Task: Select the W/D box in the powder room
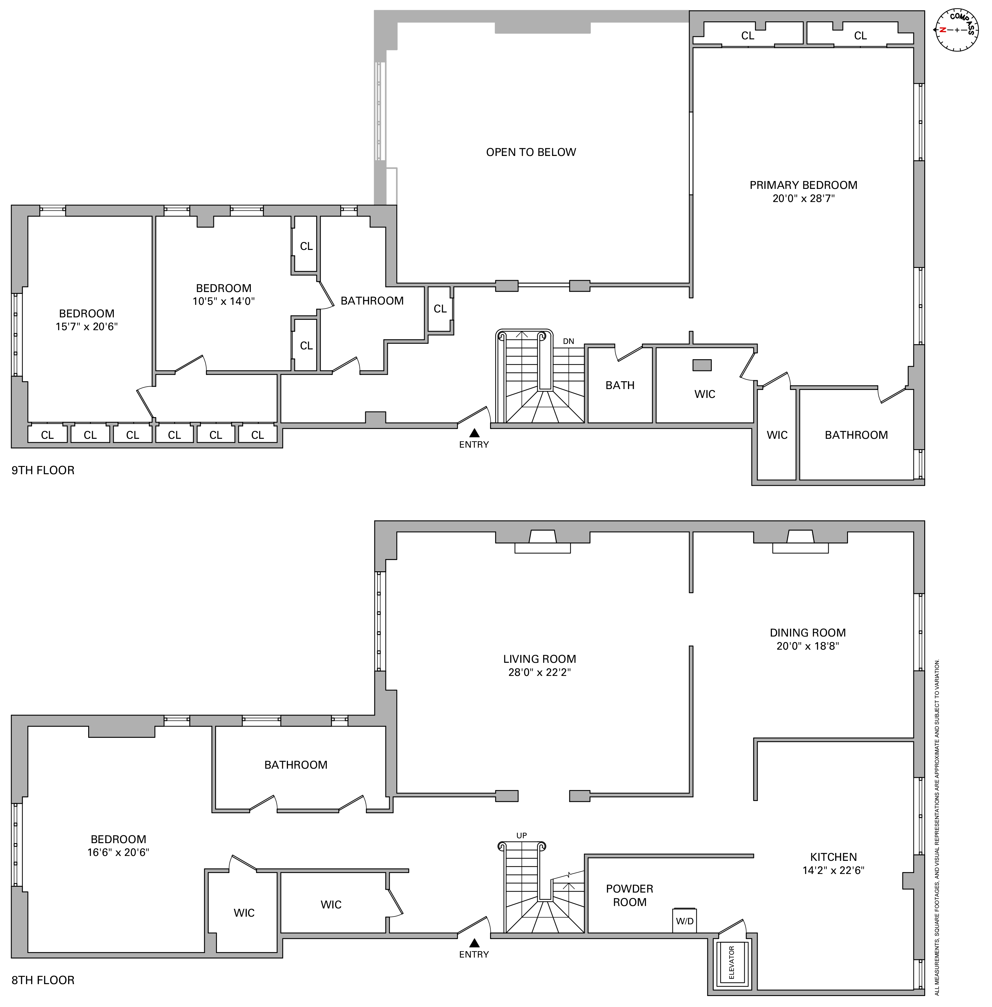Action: pyautogui.click(x=685, y=921)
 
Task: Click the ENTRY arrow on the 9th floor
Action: pyautogui.click(x=474, y=432)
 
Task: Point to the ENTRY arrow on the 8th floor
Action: pyautogui.click(x=474, y=942)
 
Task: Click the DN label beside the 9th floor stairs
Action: pyautogui.click(x=568, y=341)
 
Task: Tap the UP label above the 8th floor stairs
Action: pyautogui.click(x=521, y=835)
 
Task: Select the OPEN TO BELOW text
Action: pyautogui.click(x=531, y=152)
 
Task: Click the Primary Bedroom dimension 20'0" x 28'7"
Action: pyautogui.click(x=803, y=198)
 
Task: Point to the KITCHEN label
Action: pyautogui.click(x=833, y=857)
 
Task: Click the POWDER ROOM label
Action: pyautogui.click(x=629, y=895)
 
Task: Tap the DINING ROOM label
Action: pyautogui.click(x=808, y=633)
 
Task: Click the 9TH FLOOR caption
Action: pyautogui.click(x=43, y=471)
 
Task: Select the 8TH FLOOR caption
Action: pyautogui.click(x=43, y=980)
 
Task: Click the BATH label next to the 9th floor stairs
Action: pyautogui.click(x=619, y=385)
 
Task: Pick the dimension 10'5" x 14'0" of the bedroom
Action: pyautogui.click(x=223, y=301)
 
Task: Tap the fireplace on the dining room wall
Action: pyautogui.click(x=800, y=541)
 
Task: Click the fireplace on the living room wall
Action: pyautogui.click(x=542, y=541)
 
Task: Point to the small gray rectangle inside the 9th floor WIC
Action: pyautogui.click(x=702, y=365)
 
